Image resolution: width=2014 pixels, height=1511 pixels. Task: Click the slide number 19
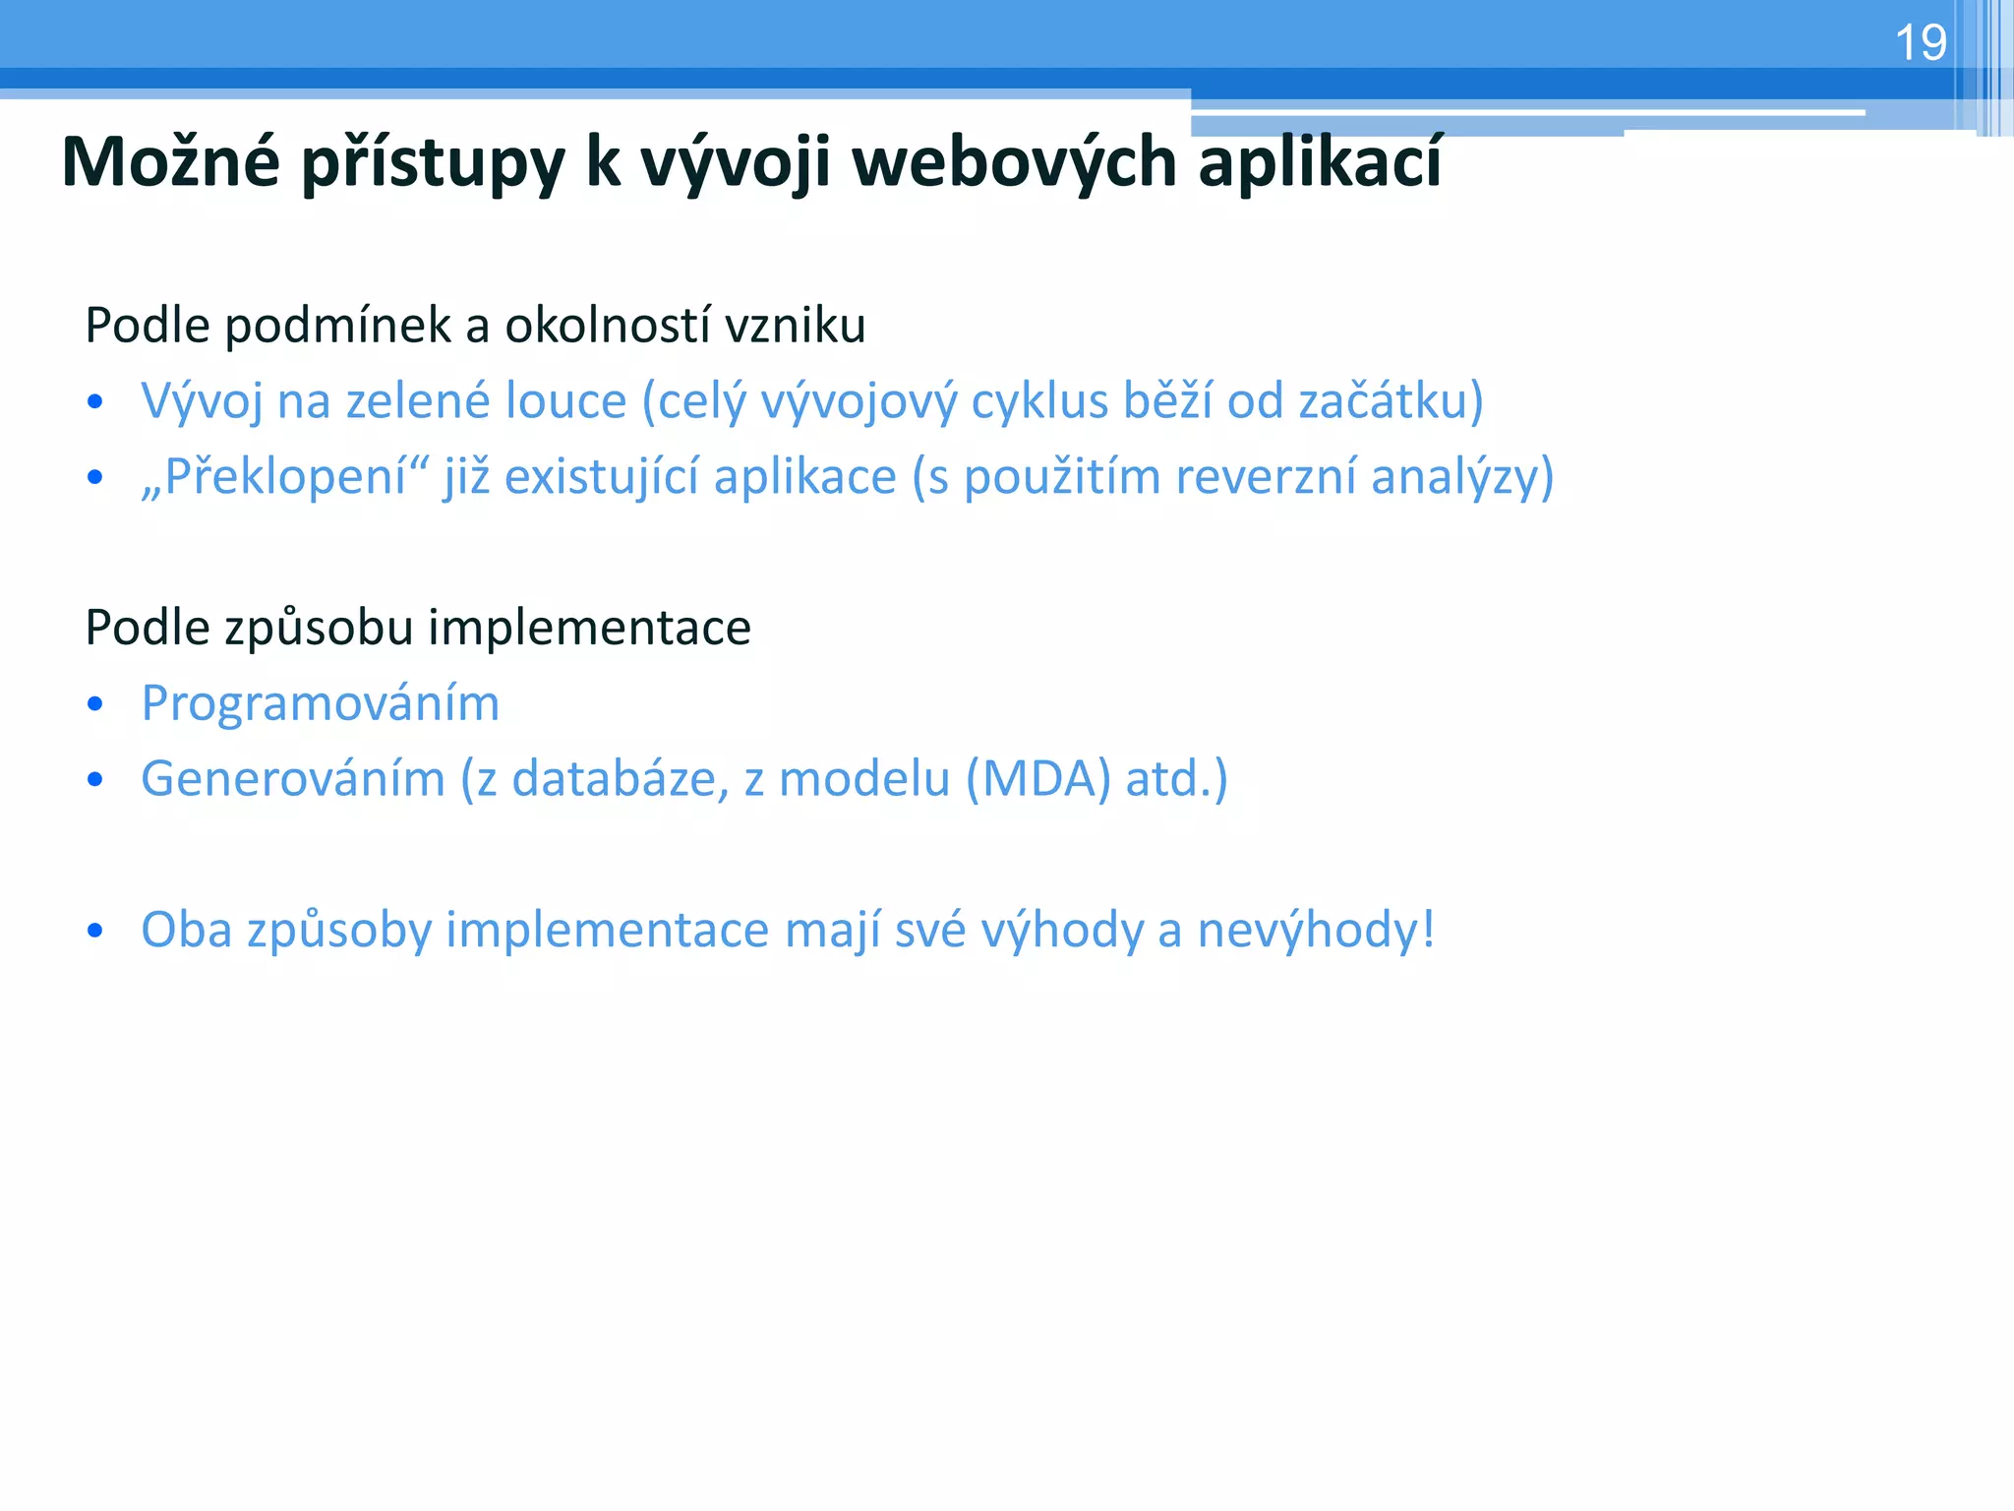click(1920, 43)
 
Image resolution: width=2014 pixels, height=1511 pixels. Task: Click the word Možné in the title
click(170, 161)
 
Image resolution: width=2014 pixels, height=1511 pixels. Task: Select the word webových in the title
click(1014, 161)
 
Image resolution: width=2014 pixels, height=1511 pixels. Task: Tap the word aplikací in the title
click(1320, 161)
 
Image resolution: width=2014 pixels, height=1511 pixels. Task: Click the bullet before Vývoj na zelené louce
click(94, 402)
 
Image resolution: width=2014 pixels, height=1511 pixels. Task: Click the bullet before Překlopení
click(94, 478)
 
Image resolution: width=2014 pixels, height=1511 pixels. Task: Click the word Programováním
click(321, 703)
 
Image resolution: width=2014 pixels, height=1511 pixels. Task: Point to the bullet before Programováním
click(94, 704)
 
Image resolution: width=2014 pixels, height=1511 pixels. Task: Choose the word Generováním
click(293, 779)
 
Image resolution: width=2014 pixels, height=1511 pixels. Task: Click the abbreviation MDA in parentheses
click(1038, 779)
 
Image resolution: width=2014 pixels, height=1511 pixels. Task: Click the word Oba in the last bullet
click(186, 930)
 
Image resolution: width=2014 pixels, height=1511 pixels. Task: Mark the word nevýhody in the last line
click(1315, 930)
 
